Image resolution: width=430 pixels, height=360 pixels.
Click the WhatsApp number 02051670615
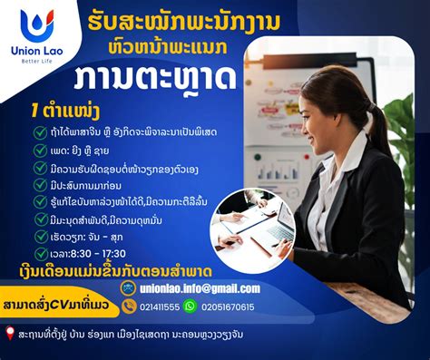227,306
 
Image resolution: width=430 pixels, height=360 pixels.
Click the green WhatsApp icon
190,306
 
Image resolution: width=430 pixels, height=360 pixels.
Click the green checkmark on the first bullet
40,132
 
